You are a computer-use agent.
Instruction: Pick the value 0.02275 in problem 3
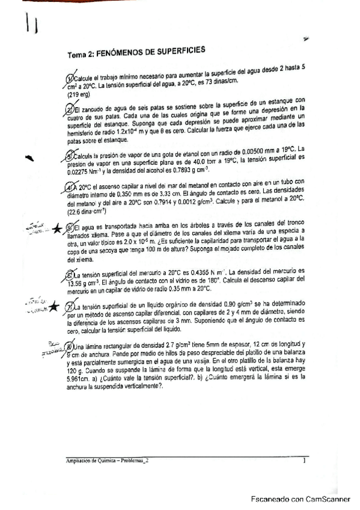79,170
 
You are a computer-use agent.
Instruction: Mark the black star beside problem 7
53,307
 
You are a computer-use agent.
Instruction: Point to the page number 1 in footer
305,461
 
